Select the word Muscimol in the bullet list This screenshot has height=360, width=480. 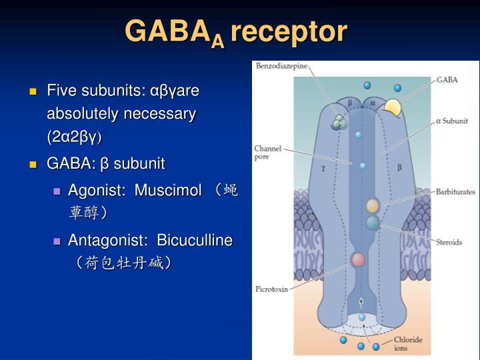pos(168,191)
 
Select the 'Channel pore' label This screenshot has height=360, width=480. pos(267,153)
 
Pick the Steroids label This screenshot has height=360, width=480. pos(448,242)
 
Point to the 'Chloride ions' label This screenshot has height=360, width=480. pos(407,343)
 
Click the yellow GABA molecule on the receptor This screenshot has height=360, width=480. pos(393,108)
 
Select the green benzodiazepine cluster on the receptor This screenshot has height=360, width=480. pos(340,121)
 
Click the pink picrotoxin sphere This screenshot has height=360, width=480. pos(359,259)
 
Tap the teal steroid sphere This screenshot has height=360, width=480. pos(373,223)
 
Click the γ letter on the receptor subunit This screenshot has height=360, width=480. pos(323,168)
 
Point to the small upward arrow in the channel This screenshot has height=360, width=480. pos(361,303)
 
